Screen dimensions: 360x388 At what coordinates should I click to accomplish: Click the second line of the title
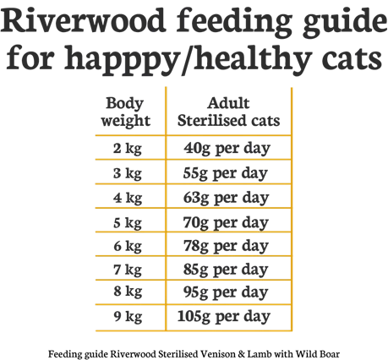click(x=194, y=59)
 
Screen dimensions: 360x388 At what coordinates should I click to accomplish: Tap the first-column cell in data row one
click(x=128, y=151)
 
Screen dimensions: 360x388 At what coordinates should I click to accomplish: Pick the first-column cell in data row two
click(x=128, y=176)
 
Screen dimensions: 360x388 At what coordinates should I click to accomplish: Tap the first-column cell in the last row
click(x=128, y=320)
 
